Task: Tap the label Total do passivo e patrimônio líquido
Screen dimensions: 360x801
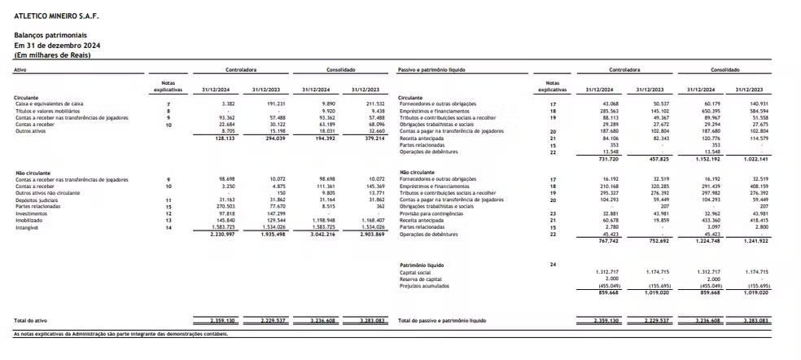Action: tap(442, 321)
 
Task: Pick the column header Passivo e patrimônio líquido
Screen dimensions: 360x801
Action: tap(431, 70)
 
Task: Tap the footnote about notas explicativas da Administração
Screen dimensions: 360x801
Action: tap(120, 334)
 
